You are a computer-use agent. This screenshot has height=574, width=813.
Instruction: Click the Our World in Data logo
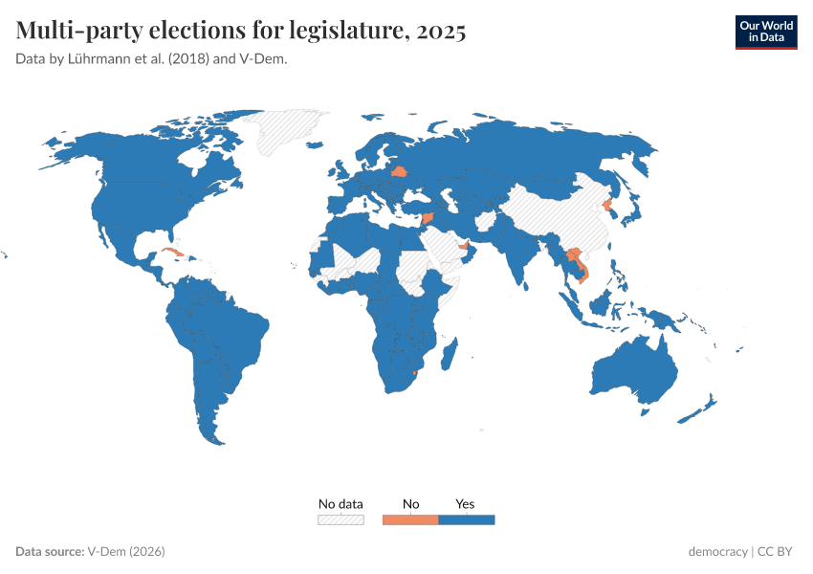tap(765, 32)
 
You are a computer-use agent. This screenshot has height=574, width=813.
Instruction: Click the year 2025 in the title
tap(441, 32)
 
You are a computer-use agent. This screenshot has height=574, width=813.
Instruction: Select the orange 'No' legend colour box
tap(410, 519)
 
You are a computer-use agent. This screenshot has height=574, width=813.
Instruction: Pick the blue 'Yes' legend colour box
tap(466, 519)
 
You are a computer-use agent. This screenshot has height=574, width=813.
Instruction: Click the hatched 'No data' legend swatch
tap(341, 519)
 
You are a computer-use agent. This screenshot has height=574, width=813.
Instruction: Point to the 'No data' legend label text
tap(341, 504)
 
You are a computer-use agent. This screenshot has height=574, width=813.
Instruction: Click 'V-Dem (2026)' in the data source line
tap(126, 552)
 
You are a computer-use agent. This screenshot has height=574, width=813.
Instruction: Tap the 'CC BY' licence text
tap(777, 552)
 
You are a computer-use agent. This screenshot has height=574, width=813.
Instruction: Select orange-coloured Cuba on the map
tap(172, 254)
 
